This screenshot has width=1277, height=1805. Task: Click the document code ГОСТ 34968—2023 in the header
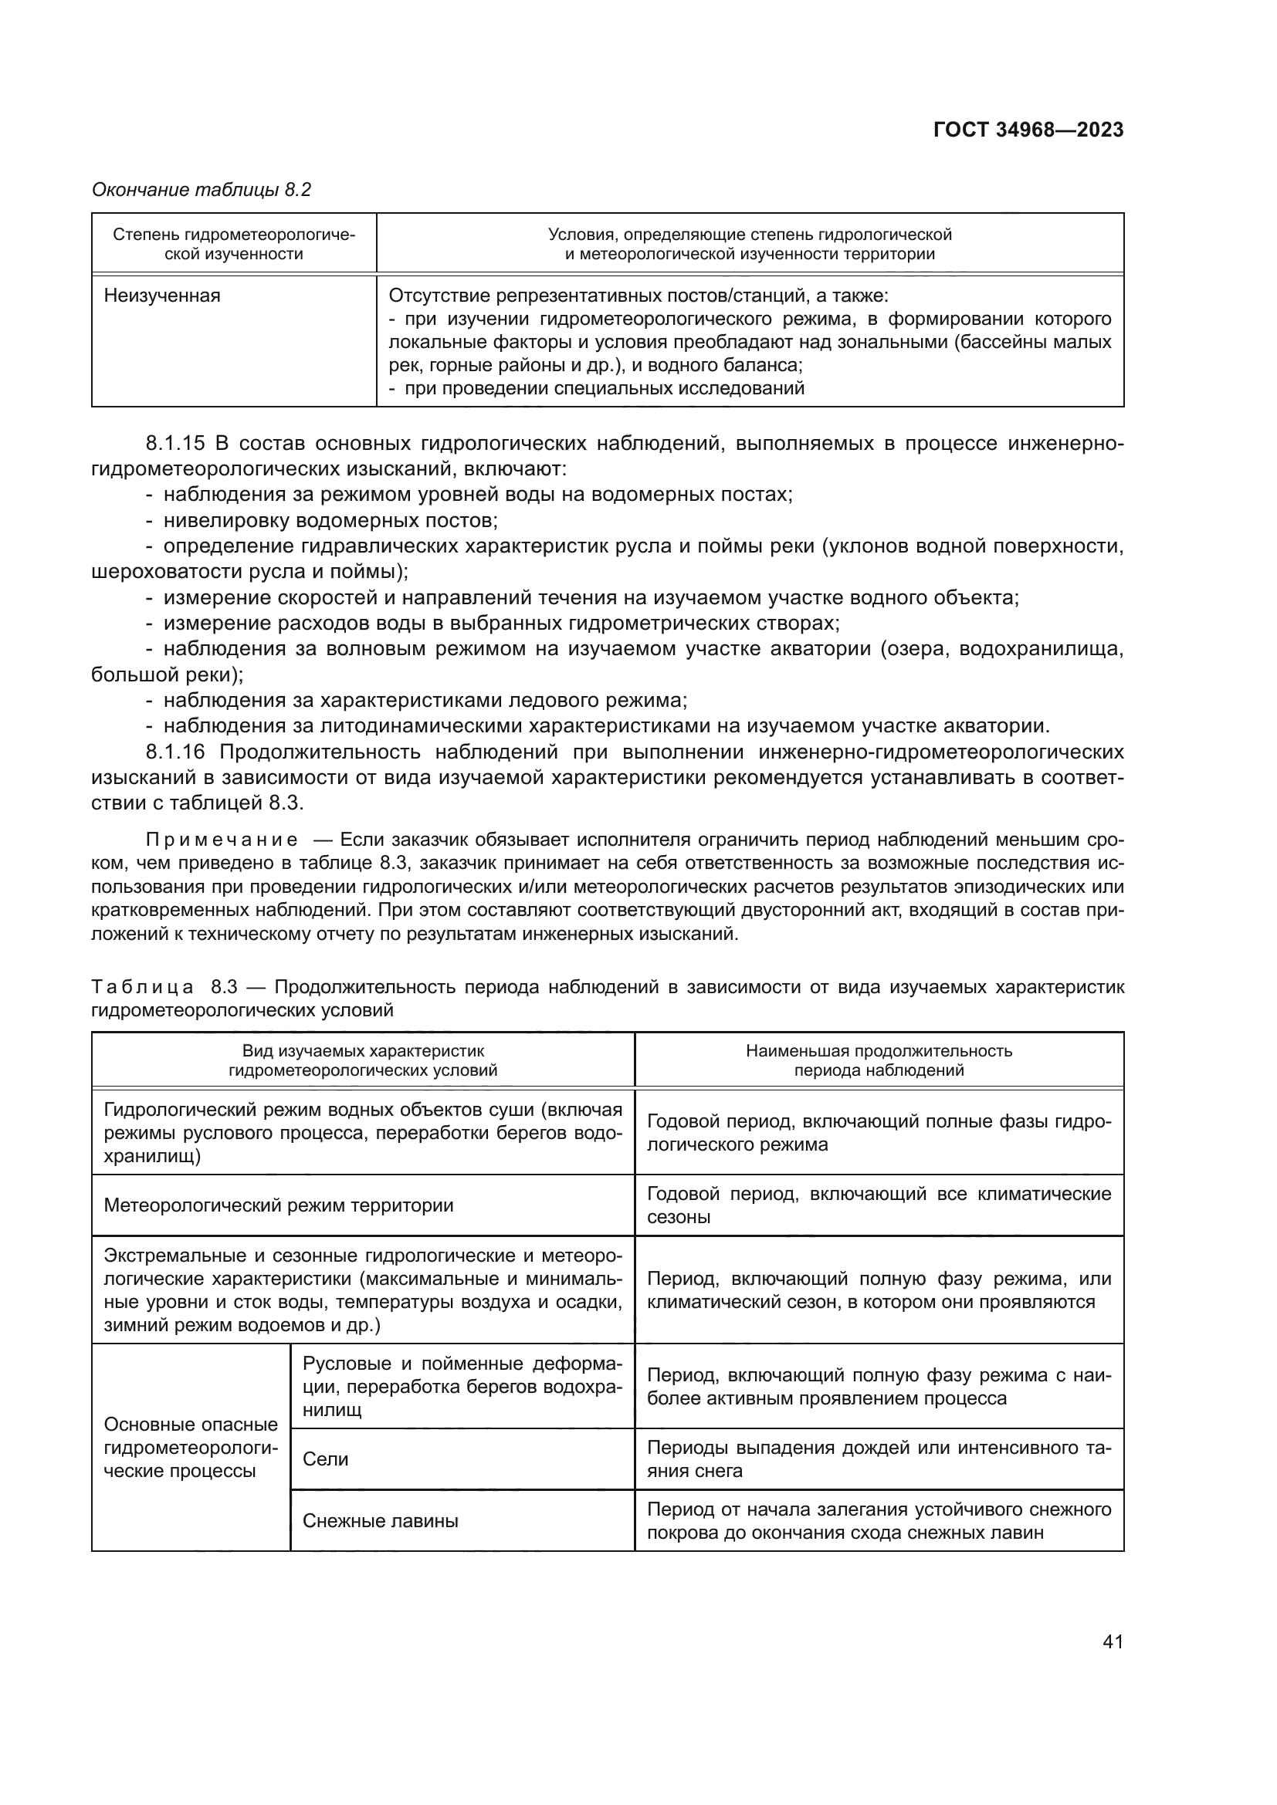[1028, 130]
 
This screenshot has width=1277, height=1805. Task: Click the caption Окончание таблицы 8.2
[202, 190]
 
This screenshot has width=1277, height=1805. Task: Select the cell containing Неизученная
[163, 296]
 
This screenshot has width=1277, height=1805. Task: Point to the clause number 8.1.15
[174, 444]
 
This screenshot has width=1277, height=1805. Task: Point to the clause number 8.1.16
[174, 752]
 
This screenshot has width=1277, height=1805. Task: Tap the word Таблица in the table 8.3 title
[142, 987]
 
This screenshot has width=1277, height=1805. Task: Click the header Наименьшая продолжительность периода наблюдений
[879, 1060]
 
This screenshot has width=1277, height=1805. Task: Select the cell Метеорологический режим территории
[279, 1205]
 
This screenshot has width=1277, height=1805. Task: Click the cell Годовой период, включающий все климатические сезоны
[879, 1205]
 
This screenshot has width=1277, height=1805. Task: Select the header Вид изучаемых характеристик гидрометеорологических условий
[363, 1060]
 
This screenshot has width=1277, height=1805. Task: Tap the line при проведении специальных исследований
[604, 387]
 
